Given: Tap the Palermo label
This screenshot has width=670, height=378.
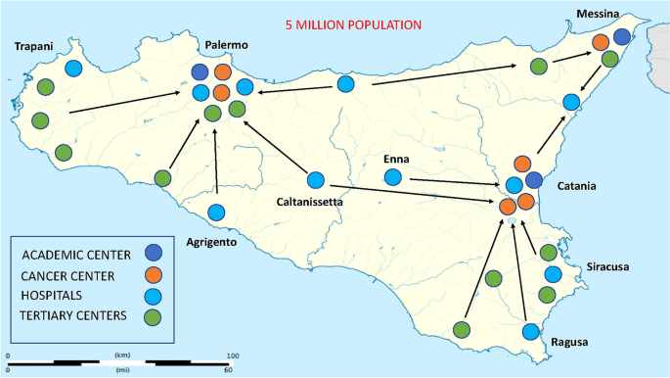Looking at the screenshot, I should point(227,46).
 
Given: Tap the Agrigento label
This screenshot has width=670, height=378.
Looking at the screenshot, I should point(211,242).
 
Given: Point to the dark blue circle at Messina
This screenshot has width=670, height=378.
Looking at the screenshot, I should point(621,38).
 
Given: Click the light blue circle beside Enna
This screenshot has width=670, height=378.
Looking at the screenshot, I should point(393,178).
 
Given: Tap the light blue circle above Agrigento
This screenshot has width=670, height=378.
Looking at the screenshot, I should point(217,212).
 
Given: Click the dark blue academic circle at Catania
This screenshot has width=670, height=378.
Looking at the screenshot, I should point(534,179).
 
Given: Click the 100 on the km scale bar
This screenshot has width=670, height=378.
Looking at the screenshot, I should point(233,354).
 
